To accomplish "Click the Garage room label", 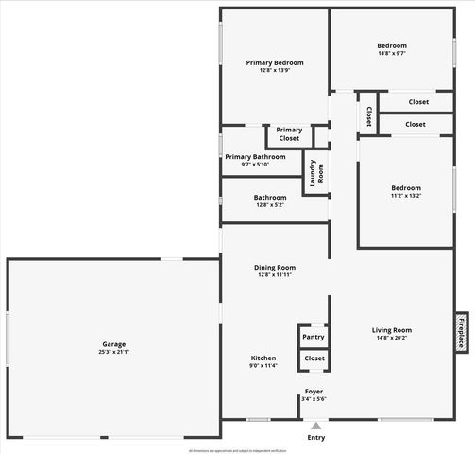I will [113, 343].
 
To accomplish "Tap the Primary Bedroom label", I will [275, 62].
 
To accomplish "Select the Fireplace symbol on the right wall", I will [462, 332].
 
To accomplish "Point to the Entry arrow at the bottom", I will [315, 426].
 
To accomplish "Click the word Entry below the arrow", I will [315, 437].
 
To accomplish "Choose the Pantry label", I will [314, 337].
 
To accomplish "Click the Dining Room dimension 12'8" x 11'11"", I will [275, 275].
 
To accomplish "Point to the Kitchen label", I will [263, 358].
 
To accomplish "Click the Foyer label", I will [314, 391].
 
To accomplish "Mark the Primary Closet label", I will [289, 134].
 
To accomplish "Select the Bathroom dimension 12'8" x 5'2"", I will [269, 205].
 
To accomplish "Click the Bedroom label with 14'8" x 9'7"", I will [392, 45].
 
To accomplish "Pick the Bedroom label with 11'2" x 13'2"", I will [406, 187].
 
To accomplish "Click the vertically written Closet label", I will [367, 115].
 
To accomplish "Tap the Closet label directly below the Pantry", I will [314, 358].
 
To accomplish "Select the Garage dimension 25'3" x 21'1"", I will [113, 352].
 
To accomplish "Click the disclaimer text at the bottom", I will [237, 450].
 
